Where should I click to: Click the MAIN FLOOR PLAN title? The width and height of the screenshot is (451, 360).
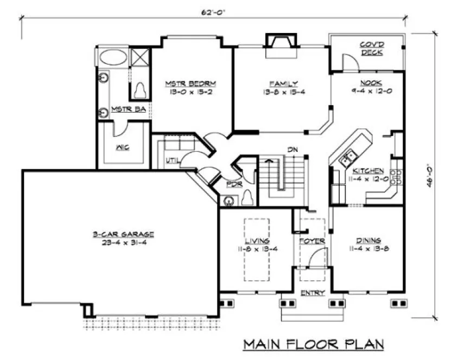click(314, 344)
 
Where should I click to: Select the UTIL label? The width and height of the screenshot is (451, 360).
click(172, 160)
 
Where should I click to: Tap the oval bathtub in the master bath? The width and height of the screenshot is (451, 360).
click(113, 57)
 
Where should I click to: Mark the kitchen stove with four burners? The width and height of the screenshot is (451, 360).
click(396, 178)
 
